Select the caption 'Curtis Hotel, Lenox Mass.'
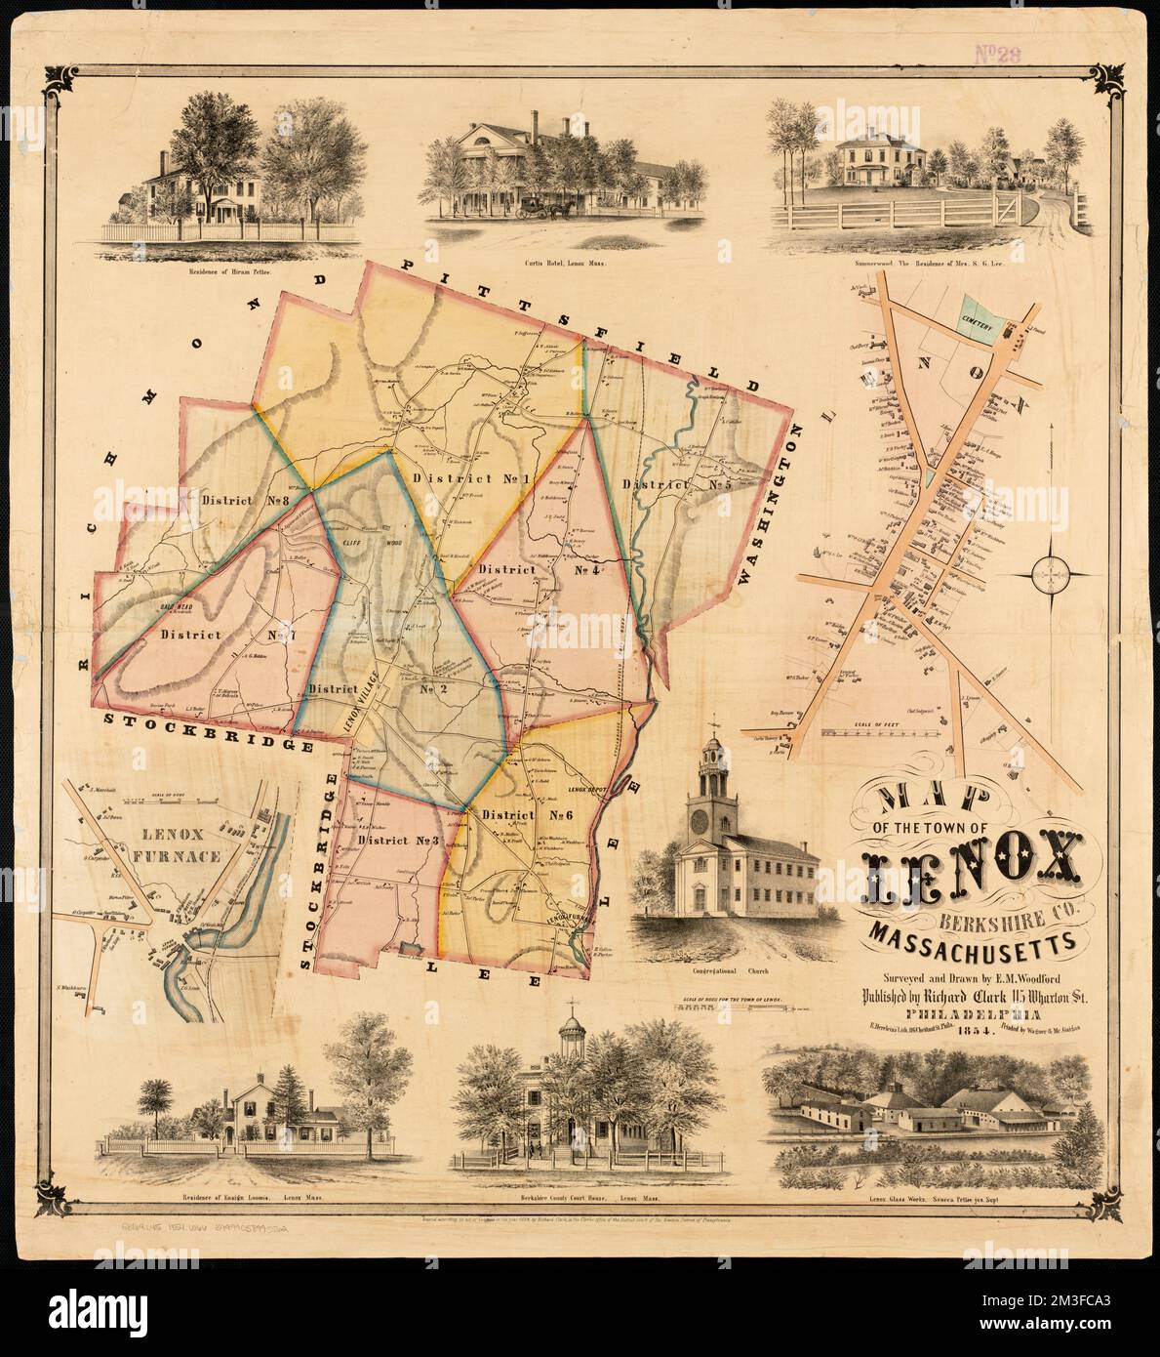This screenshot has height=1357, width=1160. pyautogui.click(x=564, y=265)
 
